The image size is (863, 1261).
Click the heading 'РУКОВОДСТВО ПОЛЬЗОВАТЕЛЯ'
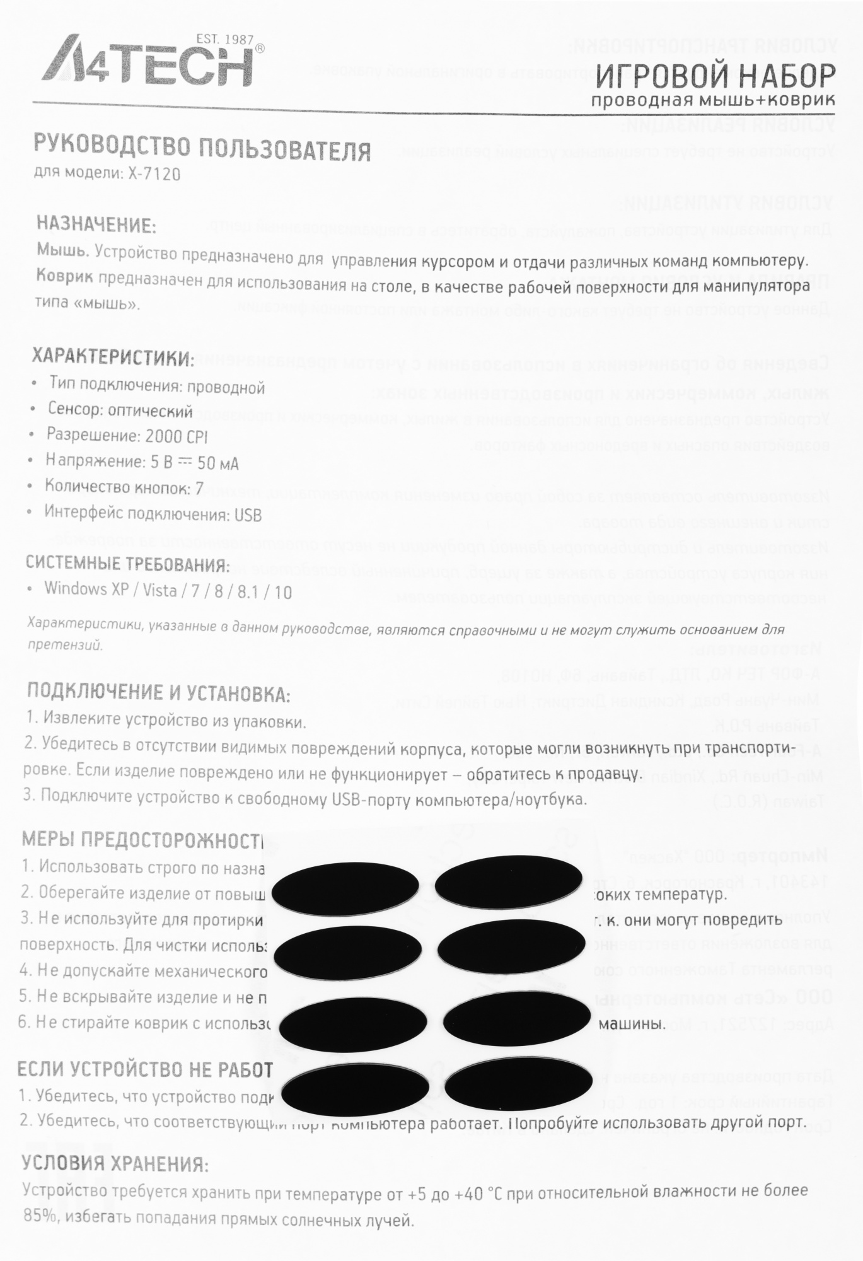(202, 148)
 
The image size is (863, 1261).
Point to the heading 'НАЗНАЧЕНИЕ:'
(96, 224)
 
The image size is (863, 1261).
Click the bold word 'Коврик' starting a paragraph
(64, 276)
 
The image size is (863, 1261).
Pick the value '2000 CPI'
(177, 436)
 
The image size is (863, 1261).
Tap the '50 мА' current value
(218, 463)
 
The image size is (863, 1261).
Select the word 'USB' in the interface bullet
(248, 515)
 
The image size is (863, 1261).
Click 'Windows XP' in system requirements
(86, 589)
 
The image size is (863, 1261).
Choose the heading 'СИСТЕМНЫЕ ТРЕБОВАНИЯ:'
(127, 564)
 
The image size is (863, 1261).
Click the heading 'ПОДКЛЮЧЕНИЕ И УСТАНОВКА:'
(158, 693)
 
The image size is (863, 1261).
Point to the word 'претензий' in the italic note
(64, 645)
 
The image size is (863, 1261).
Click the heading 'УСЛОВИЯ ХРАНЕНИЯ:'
(115, 1164)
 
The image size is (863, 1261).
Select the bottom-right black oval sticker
(518, 1084)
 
